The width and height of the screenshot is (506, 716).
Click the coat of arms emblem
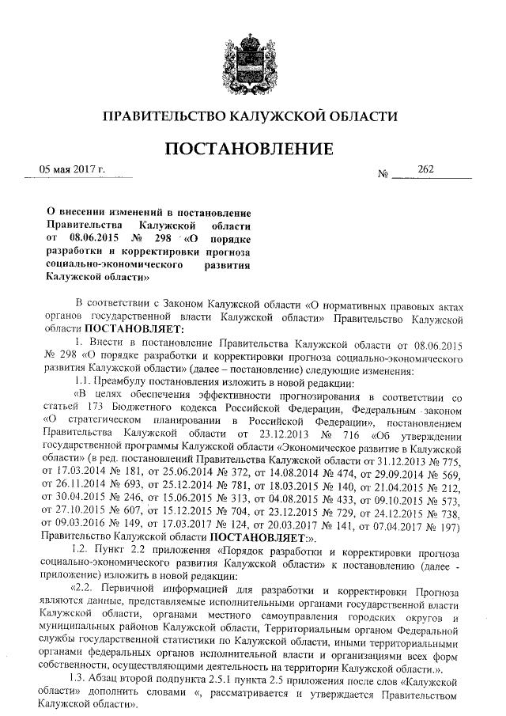pos(253,55)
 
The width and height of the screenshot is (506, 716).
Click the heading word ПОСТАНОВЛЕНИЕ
pos(252,148)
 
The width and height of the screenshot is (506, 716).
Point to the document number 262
pos(426,169)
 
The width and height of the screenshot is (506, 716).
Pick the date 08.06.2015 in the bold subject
pos(96,237)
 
